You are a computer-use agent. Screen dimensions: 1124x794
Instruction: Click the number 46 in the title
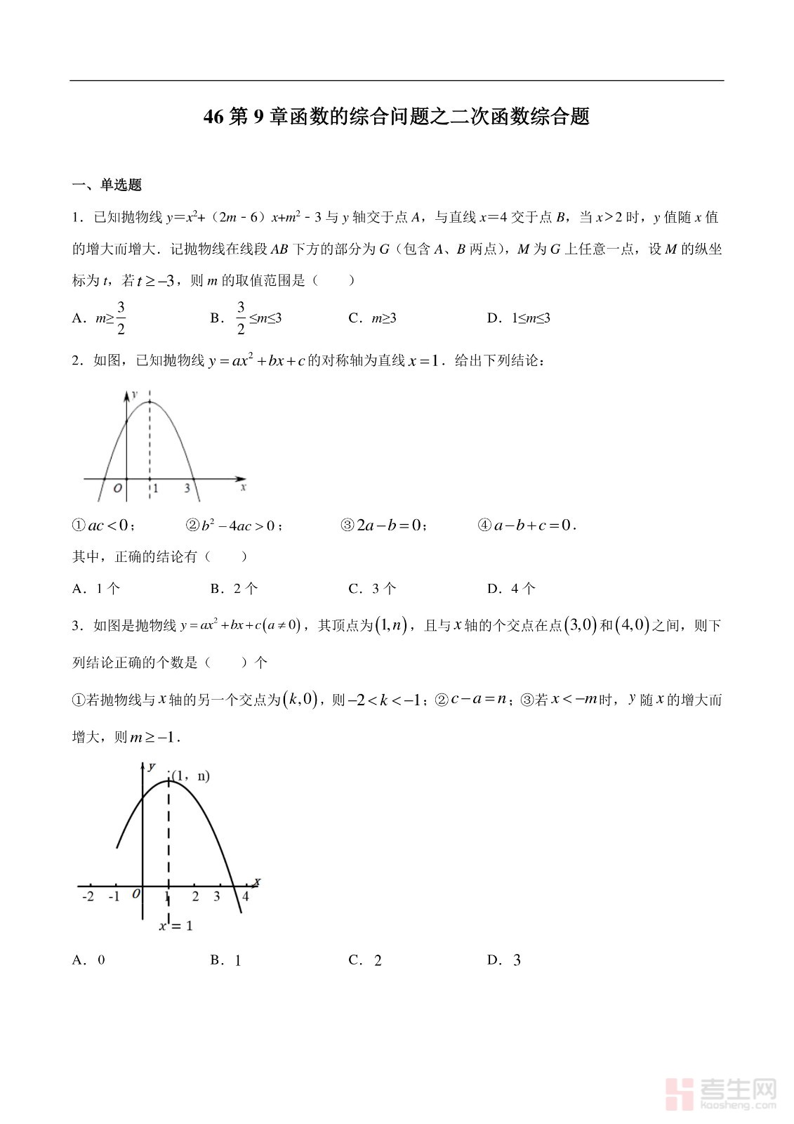coord(213,117)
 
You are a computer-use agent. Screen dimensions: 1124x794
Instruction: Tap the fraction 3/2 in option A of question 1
coord(121,318)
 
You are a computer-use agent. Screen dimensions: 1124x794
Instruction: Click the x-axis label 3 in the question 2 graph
coord(187,488)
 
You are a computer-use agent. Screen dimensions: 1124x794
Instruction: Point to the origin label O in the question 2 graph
coord(117,488)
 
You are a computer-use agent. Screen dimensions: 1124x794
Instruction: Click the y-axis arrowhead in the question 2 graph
coord(126,396)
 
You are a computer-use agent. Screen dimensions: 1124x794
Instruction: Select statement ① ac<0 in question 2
coord(104,525)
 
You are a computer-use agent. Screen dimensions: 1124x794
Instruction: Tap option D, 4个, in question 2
coord(511,589)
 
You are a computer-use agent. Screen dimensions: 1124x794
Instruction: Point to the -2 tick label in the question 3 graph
coord(88,896)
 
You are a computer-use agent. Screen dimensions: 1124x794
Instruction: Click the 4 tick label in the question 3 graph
coord(245,896)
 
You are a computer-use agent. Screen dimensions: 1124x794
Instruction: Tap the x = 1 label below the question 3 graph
coord(176,926)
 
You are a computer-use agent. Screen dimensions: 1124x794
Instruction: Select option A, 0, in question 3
coord(88,960)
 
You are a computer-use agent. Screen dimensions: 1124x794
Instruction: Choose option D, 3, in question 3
coord(504,960)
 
